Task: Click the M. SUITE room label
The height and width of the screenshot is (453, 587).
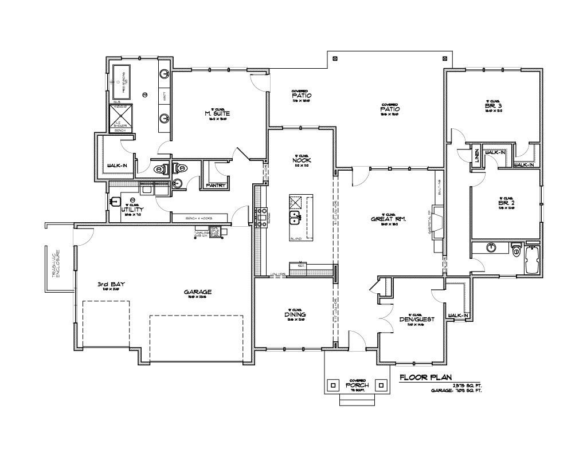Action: tap(217, 113)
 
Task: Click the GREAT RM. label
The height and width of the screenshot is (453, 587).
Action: tap(389, 219)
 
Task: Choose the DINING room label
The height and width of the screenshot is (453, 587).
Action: tap(295, 314)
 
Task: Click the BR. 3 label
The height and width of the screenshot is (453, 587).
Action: tap(492, 105)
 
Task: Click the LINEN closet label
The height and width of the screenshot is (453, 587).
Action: tap(476, 156)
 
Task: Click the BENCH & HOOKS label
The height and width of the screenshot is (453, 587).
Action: tap(199, 218)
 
